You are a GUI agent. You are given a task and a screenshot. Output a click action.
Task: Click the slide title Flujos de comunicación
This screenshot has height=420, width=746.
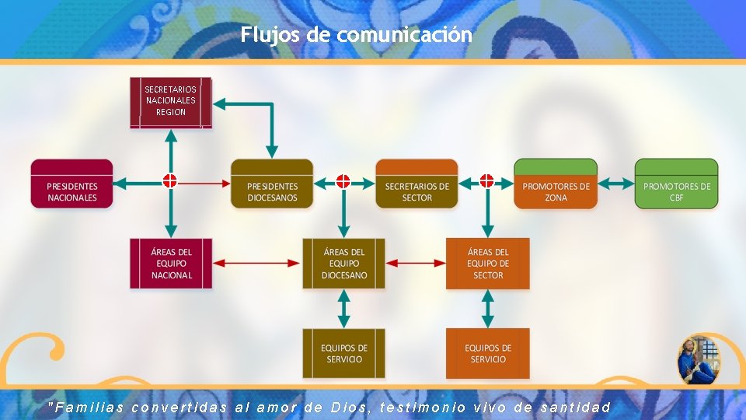(x=356, y=35)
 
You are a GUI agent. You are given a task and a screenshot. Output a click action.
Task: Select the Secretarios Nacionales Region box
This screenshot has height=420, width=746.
(x=170, y=102)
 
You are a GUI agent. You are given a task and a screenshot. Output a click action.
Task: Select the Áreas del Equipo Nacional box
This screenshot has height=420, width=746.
(x=171, y=264)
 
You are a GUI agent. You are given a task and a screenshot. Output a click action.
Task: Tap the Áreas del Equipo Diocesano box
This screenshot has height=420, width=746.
(x=343, y=264)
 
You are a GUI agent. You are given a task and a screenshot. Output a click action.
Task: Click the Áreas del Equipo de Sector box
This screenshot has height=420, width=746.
(x=487, y=264)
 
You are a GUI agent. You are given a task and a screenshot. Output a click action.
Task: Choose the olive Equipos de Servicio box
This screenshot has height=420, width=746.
(x=343, y=353)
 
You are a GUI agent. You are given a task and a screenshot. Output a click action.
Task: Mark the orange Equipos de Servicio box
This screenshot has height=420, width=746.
(x=487, y=353)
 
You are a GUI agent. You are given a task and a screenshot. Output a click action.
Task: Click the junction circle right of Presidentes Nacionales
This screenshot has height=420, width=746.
(x=170, y=181)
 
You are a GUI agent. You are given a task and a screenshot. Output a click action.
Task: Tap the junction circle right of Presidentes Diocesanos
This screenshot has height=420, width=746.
(x=343, y=181)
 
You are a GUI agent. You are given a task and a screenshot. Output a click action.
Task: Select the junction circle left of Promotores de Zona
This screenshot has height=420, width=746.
(x=486, y=181)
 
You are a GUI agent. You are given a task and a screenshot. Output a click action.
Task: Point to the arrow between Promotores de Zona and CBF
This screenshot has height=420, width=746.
(x=616, y=184)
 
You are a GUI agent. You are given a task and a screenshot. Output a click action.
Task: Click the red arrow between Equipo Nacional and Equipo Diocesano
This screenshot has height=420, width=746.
(x=256, y=264)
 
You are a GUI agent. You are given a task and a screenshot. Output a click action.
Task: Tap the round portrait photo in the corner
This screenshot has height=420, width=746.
(x=699, y=360)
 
